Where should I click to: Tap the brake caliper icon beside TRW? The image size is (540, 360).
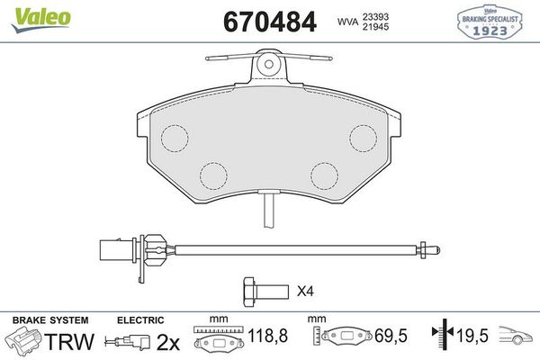[x=24, y=342]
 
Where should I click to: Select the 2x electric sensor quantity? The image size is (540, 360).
[x=168, y=342]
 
